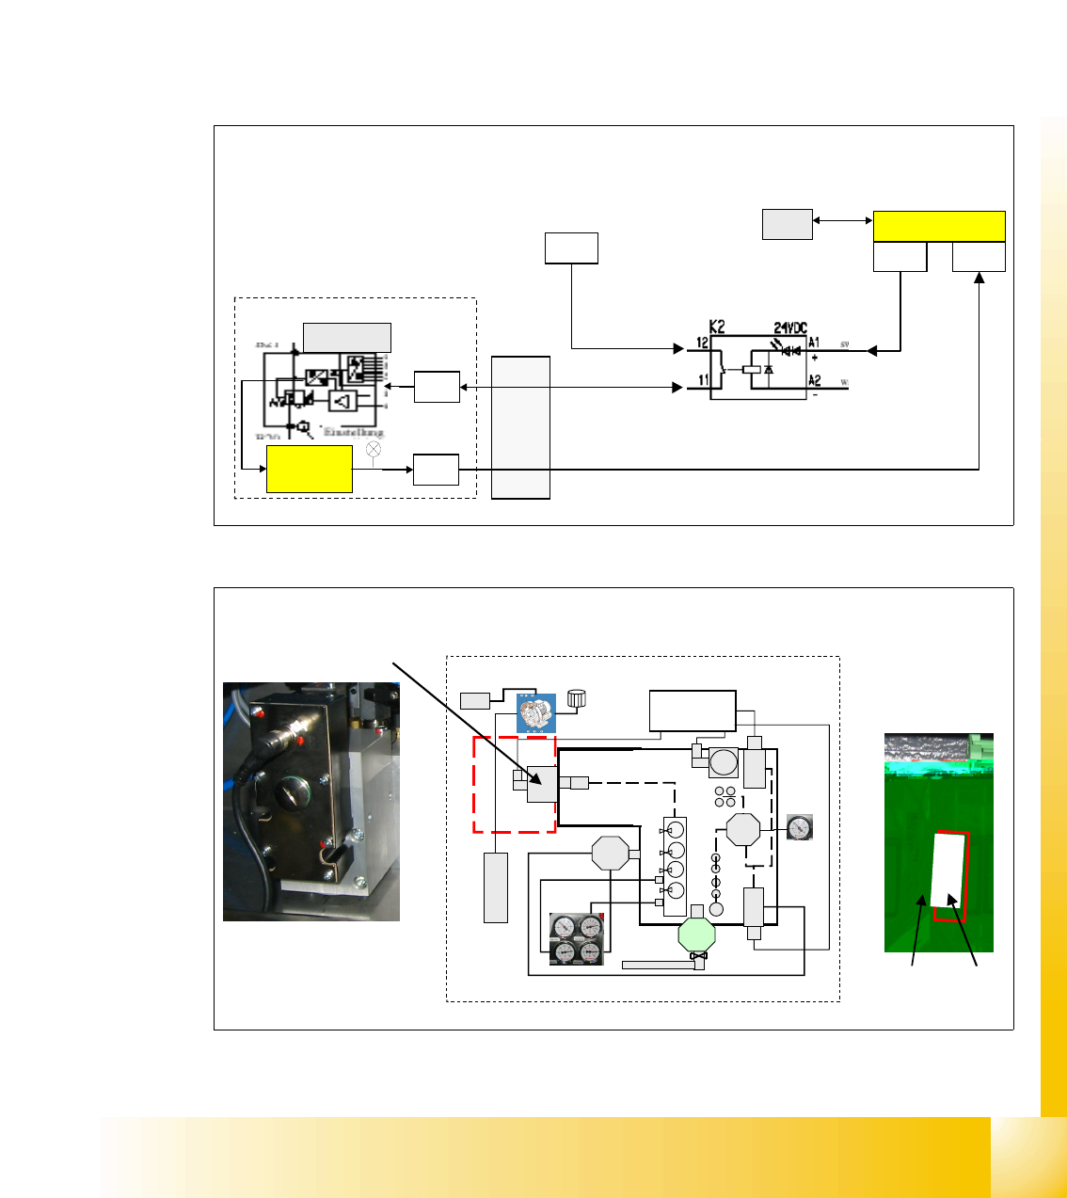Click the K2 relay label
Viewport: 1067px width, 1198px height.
click(x=717, y=327)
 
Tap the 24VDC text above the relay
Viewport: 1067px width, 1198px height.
click(x=790, y=327)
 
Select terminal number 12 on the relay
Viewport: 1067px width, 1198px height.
click(x=702, y=343)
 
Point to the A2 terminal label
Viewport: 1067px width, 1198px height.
click(x=815, y=380)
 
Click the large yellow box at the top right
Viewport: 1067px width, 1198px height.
click(x=939, y=227)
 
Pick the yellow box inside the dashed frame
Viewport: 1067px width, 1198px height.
click(x=310, y=469)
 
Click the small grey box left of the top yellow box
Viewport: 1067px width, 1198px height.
click(x=787, y=225)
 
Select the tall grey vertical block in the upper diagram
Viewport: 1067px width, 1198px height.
click(x=520, y=427)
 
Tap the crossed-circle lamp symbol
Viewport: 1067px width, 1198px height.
click(x=374, y=449)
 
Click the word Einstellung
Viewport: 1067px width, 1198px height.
click(x=354, y=432)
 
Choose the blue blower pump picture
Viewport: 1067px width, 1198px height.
click(x=536, y=713)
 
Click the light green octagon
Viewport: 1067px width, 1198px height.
click(x=697, y=934)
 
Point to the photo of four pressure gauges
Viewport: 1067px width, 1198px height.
click(x=576, y=939)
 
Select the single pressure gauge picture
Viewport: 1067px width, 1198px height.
click(x=799, y=827)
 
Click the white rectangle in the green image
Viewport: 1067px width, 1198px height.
click(x=948, y=870)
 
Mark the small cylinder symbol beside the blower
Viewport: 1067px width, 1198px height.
click(x=576, y=698)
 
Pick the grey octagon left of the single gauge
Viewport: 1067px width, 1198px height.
click(x=743, y=830)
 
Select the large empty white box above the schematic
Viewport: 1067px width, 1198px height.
click(x=693, y=711)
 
